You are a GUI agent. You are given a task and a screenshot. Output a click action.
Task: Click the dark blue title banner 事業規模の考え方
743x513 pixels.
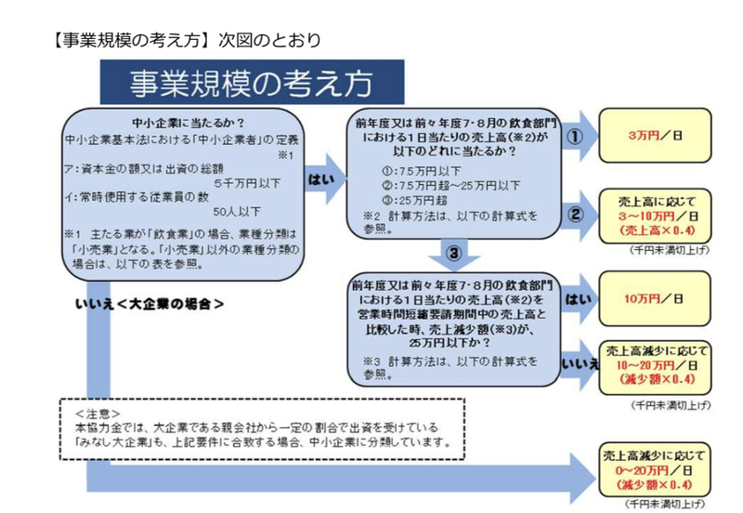(x=252, y=82)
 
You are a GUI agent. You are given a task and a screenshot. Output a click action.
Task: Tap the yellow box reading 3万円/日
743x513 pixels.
(x=656, y=136)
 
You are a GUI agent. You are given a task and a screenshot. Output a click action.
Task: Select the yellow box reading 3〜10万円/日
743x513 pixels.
(x=656, y=217)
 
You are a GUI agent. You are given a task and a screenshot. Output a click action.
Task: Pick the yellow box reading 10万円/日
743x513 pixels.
(x=656, y=298)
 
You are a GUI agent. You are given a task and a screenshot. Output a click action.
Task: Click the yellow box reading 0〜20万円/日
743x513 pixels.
(x=655, y=470)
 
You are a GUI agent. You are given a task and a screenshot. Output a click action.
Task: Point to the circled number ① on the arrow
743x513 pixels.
(x=575, y=137)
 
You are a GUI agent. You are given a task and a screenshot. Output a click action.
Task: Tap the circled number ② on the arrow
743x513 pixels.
(x=575, y=215)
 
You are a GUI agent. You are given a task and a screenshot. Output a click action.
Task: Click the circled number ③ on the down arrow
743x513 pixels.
(x=453, y=253)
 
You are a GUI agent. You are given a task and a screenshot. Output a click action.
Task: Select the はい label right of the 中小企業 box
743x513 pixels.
(x=321, y=179)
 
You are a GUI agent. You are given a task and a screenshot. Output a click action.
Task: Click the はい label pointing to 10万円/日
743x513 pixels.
(x=578, y=299)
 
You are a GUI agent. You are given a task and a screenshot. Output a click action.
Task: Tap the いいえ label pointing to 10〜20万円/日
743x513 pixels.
(x=580, y=364)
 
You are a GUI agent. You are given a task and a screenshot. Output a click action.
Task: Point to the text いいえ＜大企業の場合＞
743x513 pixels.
(x=150, y=304)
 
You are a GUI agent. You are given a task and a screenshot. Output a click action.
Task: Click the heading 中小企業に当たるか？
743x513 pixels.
(x=189, y=124)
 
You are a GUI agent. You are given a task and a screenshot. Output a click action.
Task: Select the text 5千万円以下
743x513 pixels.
(x=247, y=183)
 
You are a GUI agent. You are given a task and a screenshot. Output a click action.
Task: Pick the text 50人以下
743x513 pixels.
(x=237, y=212)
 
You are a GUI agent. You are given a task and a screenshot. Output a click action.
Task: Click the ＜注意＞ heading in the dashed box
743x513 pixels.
(x=98, y=414)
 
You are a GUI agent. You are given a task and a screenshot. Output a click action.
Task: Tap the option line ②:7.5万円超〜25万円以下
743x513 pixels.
(x=450, y=185)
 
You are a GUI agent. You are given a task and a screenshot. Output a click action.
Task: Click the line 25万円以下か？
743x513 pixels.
(x=450, y=342)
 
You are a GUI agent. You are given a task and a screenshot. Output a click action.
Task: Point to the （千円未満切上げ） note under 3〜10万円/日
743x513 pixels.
(x=670, y=250)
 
